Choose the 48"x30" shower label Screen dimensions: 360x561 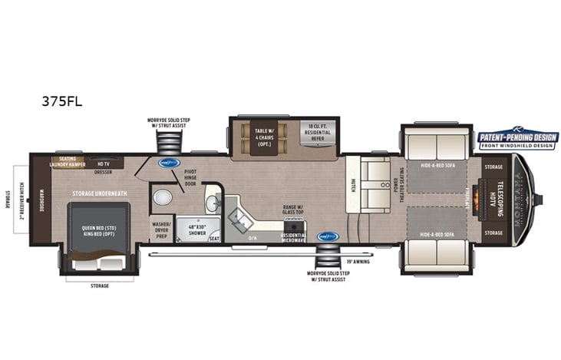[196, 228]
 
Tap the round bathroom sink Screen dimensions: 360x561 [213, 202]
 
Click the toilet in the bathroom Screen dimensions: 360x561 [162, 198]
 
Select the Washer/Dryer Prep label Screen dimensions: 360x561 [161, 228]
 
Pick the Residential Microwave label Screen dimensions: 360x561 [293, 237]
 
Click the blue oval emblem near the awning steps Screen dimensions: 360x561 [328, 236]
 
